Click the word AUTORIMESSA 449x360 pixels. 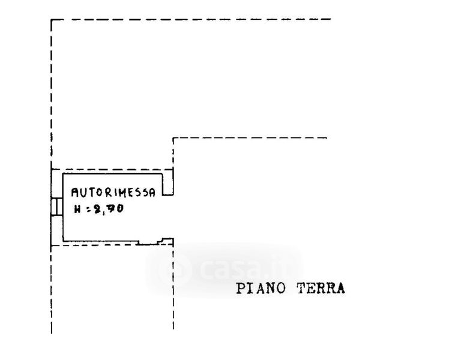tap(113, 193)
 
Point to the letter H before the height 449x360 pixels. tap(77, 210)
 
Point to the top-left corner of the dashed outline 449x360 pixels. tap(52, 20)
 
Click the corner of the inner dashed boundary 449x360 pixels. tap(173, 139)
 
